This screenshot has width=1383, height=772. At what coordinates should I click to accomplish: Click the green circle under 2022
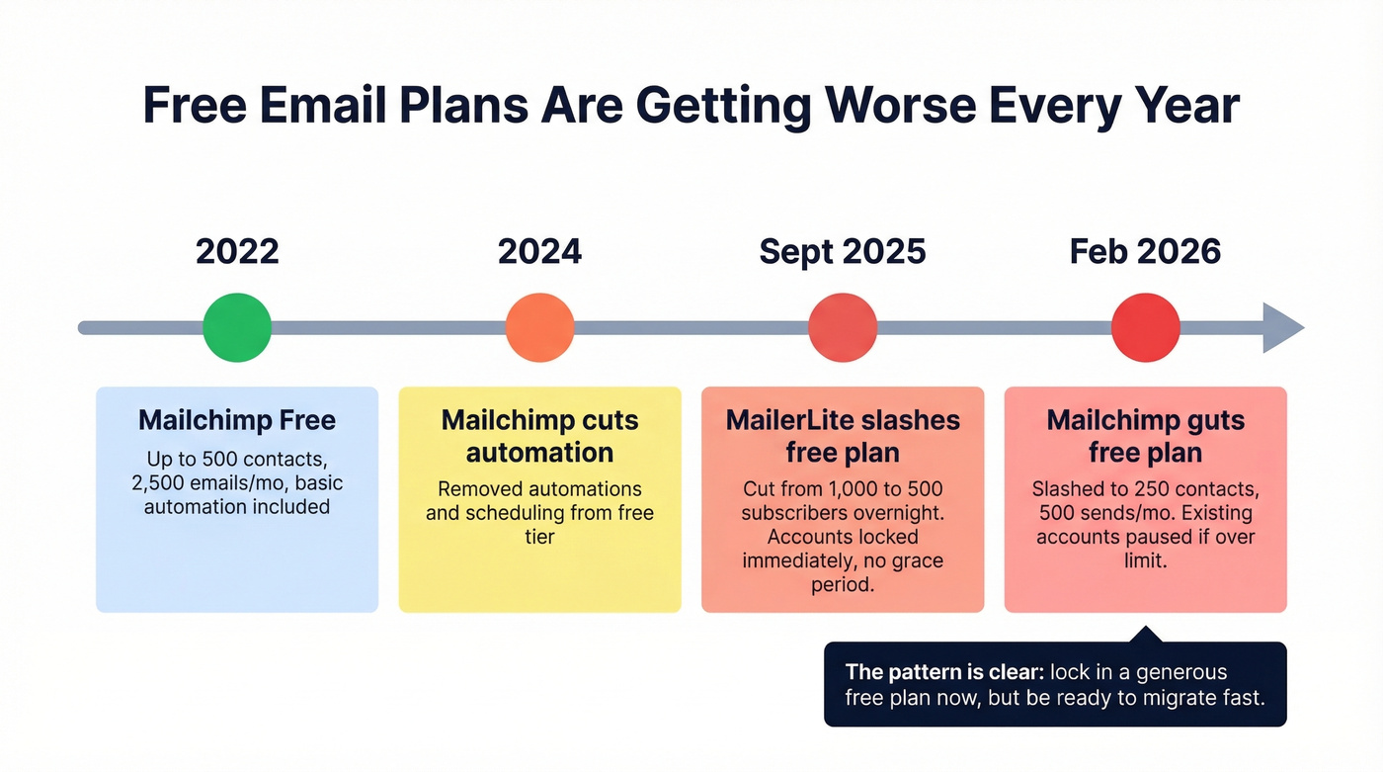(x=237, y=328)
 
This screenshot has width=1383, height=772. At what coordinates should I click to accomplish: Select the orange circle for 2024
(x=539, y=328)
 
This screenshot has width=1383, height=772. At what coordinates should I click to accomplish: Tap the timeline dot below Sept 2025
(x=843, y=328)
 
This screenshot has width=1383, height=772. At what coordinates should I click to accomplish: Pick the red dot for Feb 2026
(x=1146, y=328)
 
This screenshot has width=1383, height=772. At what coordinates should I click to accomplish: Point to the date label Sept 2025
(x=843, y=251)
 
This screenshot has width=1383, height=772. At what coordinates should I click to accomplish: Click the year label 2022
(x=237, y=251)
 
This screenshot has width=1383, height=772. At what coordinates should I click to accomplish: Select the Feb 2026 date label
(x=1146, y=251)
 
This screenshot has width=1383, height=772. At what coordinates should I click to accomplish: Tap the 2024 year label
(x=539, y=251)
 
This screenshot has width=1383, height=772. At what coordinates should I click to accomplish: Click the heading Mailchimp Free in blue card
(x=237, y=420)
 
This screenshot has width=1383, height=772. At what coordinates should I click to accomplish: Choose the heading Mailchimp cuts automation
(x=539, y=436)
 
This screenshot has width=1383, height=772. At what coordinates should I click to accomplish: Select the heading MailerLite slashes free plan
(x=843, y=436)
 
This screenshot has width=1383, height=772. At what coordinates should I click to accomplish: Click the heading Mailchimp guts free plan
(x=1146, y=436)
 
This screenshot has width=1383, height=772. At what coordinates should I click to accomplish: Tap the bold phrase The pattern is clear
(x=943, y=672)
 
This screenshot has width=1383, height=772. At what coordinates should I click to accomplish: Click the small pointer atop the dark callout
(x=1145, y=634)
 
